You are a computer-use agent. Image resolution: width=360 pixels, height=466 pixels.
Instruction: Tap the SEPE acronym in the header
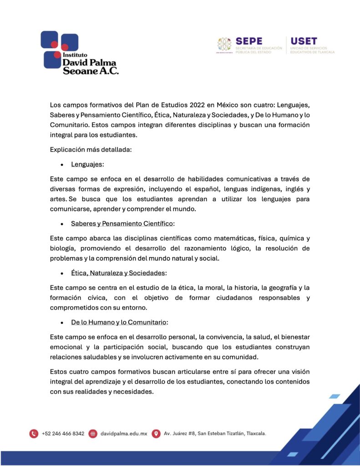tap(248, 41)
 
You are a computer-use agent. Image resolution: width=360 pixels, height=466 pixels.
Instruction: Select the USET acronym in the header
tap(304, 41)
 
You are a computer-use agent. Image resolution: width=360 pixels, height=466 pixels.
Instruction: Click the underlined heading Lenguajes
tap(86, 164)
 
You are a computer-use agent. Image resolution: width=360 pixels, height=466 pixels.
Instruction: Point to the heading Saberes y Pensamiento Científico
tap(122, 223)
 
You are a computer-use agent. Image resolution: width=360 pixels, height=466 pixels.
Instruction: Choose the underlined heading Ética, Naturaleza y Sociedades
tap(118, 273)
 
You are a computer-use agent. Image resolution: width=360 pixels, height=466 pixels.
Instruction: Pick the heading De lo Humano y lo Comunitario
tap(118, 322)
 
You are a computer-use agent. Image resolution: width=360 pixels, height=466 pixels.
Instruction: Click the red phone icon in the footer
tap(34, 433)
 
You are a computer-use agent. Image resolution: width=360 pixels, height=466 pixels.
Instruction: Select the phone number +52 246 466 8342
tap(63, 434)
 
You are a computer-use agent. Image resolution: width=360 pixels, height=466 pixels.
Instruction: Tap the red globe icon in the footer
tap(93, 433)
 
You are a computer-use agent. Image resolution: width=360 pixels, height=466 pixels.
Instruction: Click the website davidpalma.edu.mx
tap(123, 434)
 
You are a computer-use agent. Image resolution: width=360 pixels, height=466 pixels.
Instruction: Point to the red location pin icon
tap(156, 433)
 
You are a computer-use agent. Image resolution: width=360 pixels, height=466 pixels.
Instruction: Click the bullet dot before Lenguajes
tap(62, 165)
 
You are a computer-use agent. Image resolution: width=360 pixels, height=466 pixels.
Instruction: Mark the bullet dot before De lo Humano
tap(62, 323)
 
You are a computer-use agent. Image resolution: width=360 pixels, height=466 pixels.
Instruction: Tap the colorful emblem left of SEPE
tap(224, 45)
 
